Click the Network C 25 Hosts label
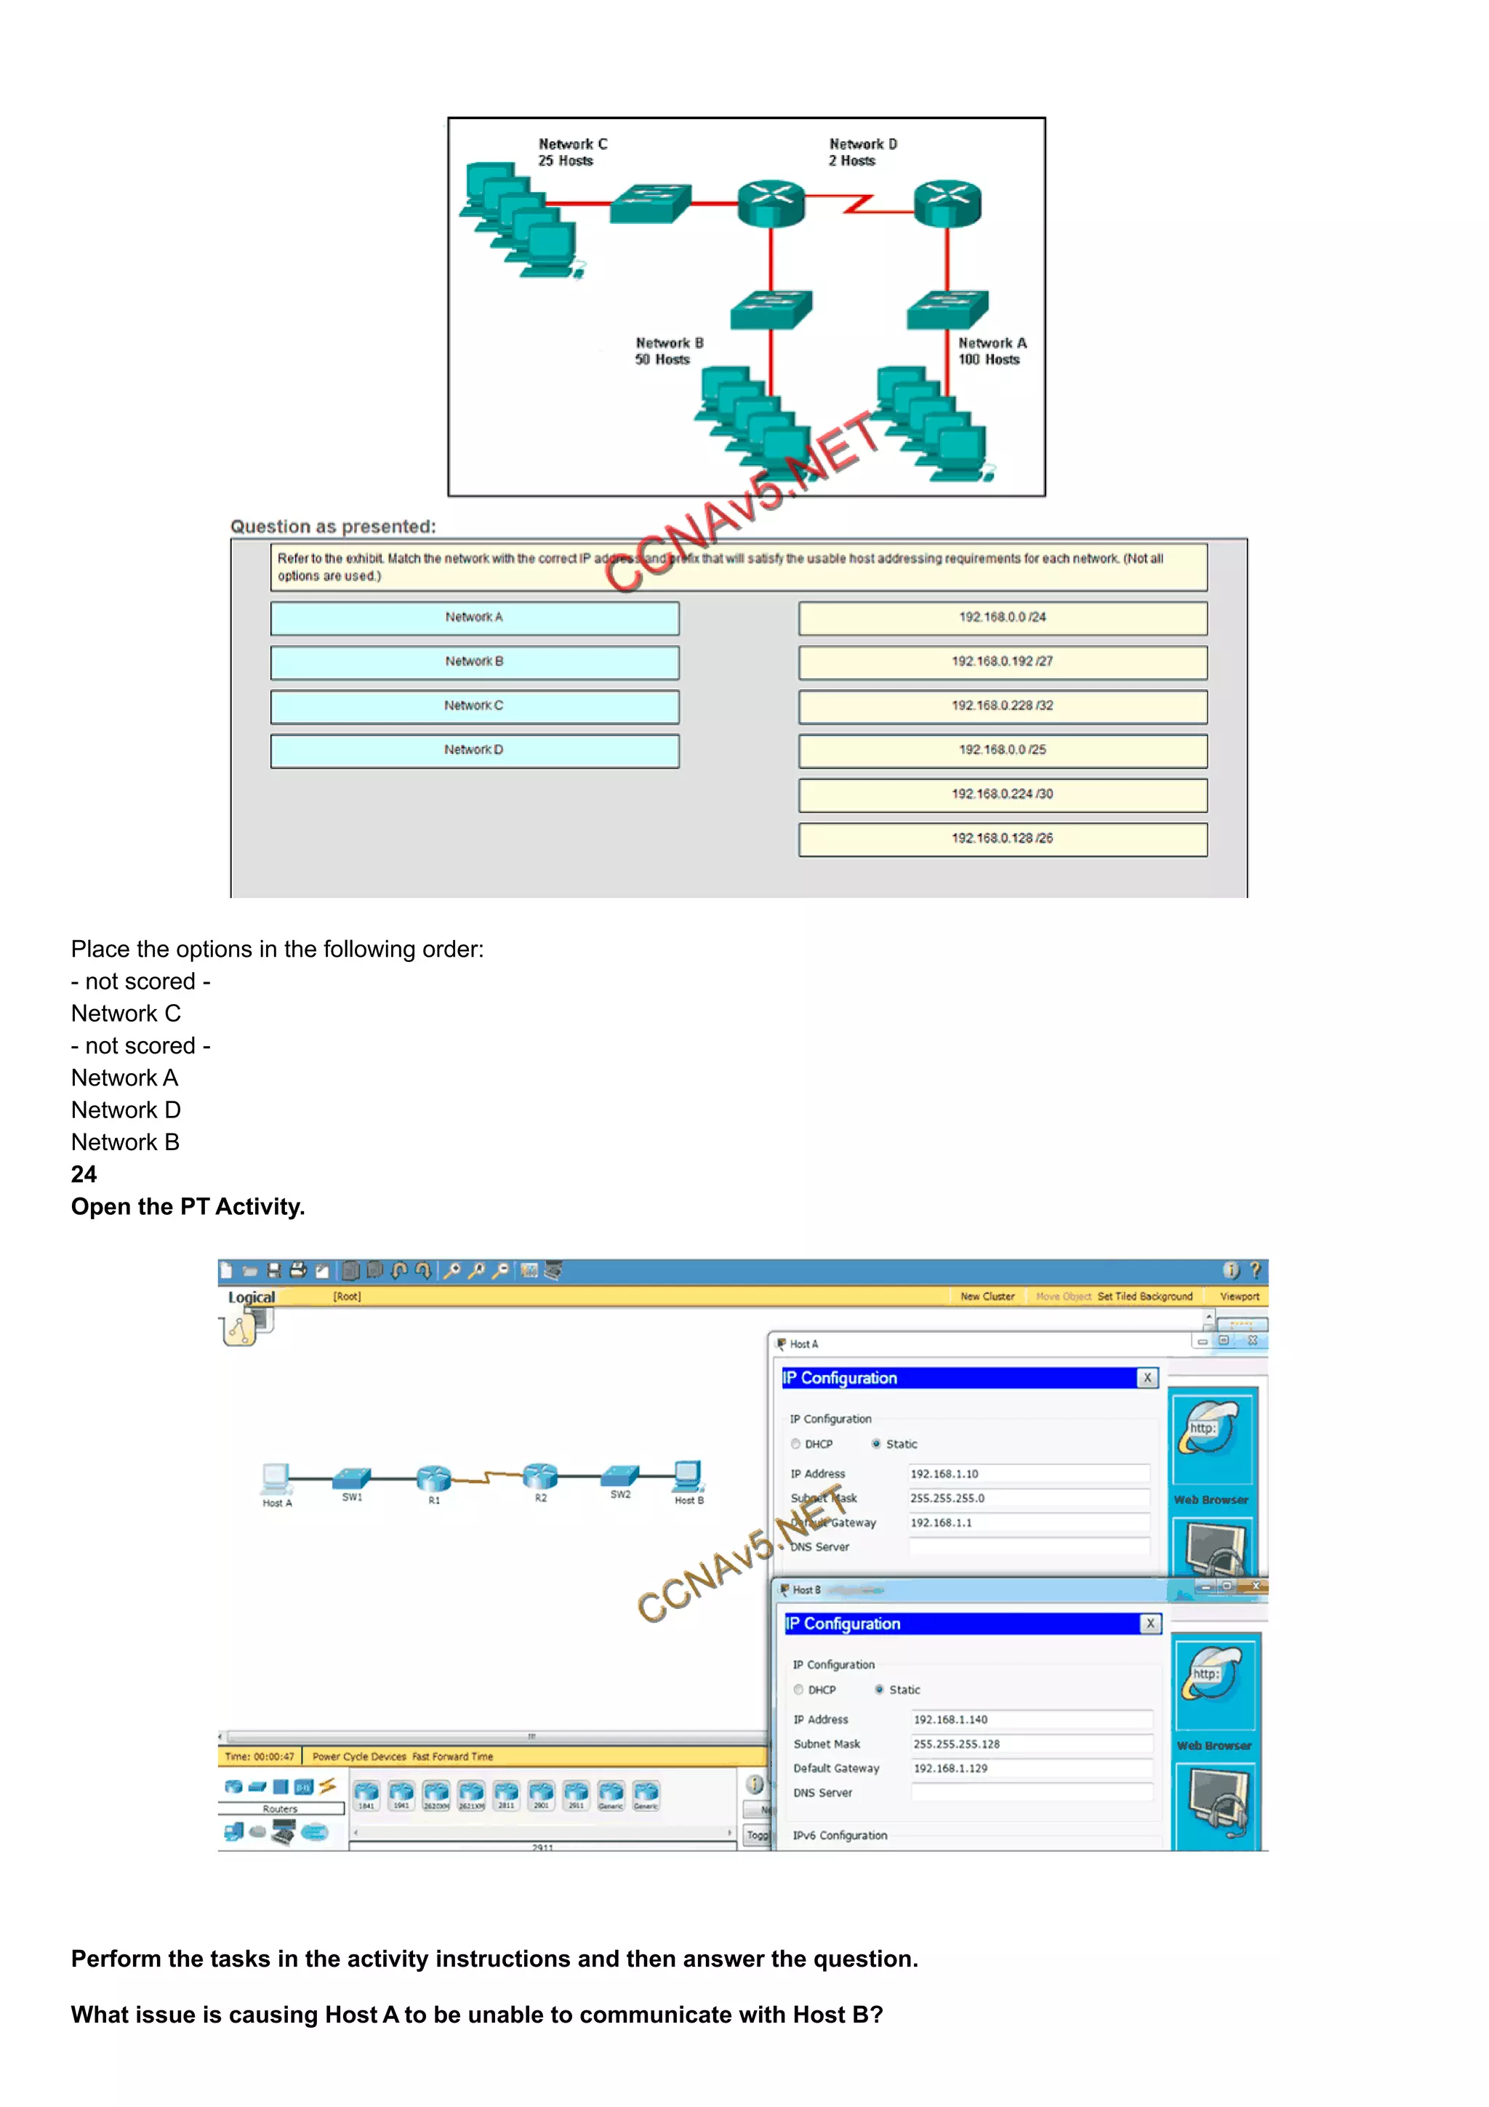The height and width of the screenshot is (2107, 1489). click(571, 153)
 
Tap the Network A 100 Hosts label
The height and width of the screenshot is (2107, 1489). click(991, 350)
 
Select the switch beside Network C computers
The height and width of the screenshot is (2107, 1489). click(649, 203)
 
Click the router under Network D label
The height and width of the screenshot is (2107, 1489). click(947, 203)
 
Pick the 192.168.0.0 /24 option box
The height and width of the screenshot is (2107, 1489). click(1002, 617)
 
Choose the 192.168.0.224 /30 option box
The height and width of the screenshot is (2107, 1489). click(1002, 795)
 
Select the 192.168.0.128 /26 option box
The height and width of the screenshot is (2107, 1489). click(1002, 839)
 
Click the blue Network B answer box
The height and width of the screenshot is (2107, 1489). click(474, 662)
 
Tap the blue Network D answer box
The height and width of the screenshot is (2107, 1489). click(474, 750)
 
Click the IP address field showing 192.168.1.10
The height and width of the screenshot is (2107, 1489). click(1027, 1474)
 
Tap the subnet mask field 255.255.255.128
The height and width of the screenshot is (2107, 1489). click(1030, 1743)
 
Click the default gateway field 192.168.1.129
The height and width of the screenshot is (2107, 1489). click(1030, 1768)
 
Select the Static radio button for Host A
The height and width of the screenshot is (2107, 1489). click(876, 1443)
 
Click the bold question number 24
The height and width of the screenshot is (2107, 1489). click(84, 1175)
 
